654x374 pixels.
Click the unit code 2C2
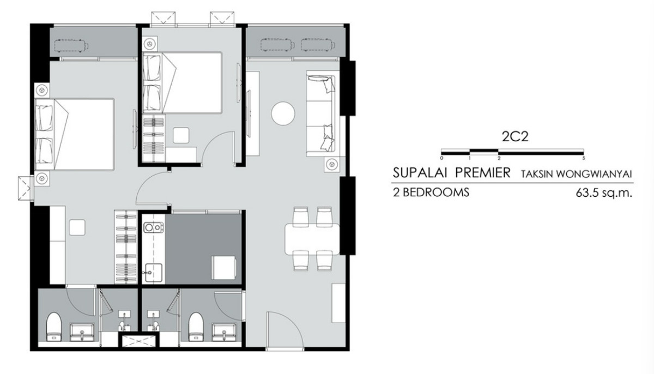coord(515,137)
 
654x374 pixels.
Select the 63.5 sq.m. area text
coord(604,193)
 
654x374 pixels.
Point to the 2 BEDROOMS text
coord(431,192)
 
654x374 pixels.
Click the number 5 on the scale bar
coord(584,158)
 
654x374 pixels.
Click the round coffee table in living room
coord(283,113)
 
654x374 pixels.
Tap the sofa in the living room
coord(321,113)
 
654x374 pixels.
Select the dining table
coord(312,239)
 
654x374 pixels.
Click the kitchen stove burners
coord(153,227)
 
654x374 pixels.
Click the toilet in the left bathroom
coord(54,327)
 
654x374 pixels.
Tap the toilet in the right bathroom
coord(196,327)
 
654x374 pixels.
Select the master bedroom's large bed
coord(74,134)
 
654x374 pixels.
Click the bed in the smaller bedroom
coord(182,83)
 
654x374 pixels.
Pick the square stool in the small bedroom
coord(181,135)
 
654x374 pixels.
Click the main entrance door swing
coord(285,330)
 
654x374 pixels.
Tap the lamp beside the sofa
coord(332,164)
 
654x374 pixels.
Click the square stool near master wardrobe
coord(77,227)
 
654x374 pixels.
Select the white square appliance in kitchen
coord(224,268)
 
